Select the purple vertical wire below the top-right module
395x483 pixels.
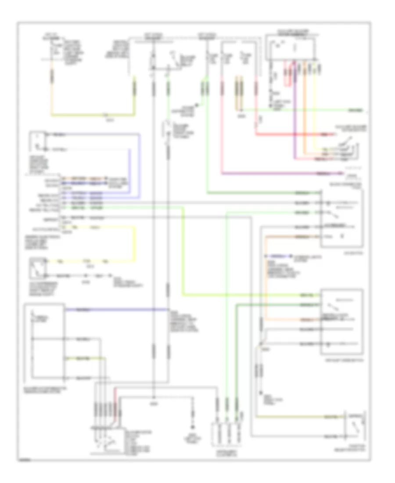click(294, 114)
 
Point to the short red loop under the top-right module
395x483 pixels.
click(288, 75)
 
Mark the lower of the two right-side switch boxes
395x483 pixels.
click(342, 321)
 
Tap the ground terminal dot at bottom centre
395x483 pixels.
click(192, 427)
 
